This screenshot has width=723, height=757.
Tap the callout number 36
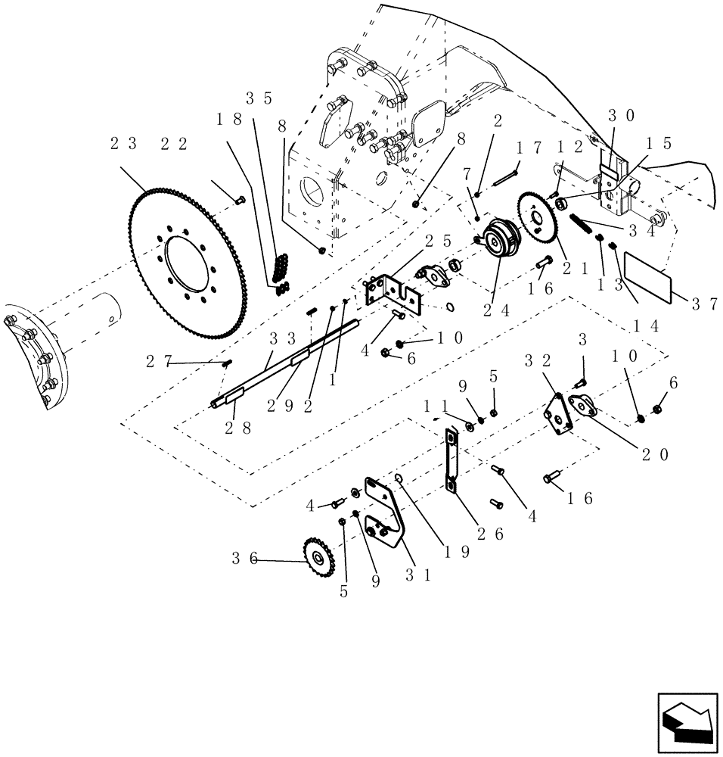coord(244,559)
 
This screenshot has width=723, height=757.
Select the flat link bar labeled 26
coord(451,461)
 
